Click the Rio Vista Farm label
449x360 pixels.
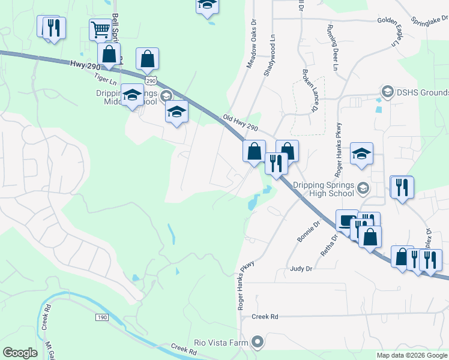click(221, 343)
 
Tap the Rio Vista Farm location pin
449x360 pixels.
click(258, 343)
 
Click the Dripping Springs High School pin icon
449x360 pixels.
click(362, 189)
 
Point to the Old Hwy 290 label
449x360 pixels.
click(240, 124)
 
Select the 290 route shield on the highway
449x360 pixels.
click(150, 80)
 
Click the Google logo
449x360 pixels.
click(20, 352)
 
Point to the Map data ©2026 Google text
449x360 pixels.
click(411, 355)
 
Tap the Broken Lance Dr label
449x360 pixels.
click(310, 90)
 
